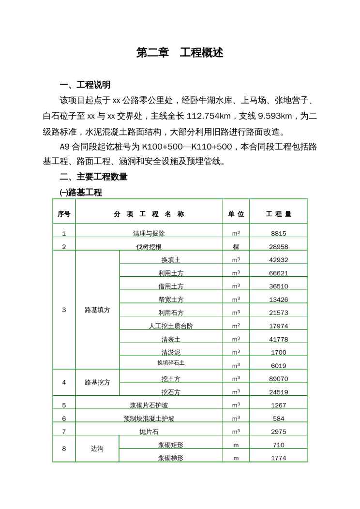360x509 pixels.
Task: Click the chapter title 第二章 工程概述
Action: point(180,53)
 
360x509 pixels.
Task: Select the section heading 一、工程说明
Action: point(85,85)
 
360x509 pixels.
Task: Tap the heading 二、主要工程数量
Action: point(93,177)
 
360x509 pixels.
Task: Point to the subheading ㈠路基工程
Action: point(80,193)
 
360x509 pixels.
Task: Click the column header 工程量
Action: point(278,214)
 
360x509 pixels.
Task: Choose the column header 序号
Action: point(64,214)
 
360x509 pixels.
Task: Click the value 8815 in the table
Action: point(278,233)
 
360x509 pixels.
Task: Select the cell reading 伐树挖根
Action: point(149,247)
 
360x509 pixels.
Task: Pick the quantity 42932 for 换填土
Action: point(278,260)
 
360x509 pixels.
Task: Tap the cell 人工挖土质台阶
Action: point(171,326)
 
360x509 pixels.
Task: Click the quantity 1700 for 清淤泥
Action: point(278,353)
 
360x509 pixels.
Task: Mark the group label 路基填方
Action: point(97,310)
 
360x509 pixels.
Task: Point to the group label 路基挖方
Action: point(97,382)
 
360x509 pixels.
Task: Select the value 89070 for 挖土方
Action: point(278,379)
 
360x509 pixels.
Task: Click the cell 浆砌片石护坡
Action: point(149,405)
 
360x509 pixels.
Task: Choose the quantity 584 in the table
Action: point(278,419)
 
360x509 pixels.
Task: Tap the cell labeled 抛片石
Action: point(149,432)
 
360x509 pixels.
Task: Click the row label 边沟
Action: point(97,449)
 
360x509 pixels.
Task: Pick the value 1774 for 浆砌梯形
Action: point(278,458)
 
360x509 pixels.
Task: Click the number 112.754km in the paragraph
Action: point(209,116)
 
